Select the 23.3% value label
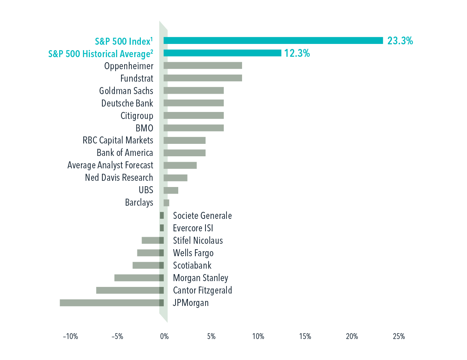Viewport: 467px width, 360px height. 400,40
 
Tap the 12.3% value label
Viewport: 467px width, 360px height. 297,53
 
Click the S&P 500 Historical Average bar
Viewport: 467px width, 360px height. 222,53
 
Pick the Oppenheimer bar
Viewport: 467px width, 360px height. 203,66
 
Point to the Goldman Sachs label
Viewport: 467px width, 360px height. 126,91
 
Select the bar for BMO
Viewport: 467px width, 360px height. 193,128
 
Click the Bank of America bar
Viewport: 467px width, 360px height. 184,153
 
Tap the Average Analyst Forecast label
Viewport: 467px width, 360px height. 110,165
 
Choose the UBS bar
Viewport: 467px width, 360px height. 171,190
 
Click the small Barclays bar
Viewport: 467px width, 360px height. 167,203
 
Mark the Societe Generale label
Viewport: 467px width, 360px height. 202,215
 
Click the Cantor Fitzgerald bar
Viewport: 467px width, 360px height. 128,290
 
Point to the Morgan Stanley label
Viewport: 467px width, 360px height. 200,278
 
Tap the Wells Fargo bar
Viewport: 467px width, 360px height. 148,253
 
